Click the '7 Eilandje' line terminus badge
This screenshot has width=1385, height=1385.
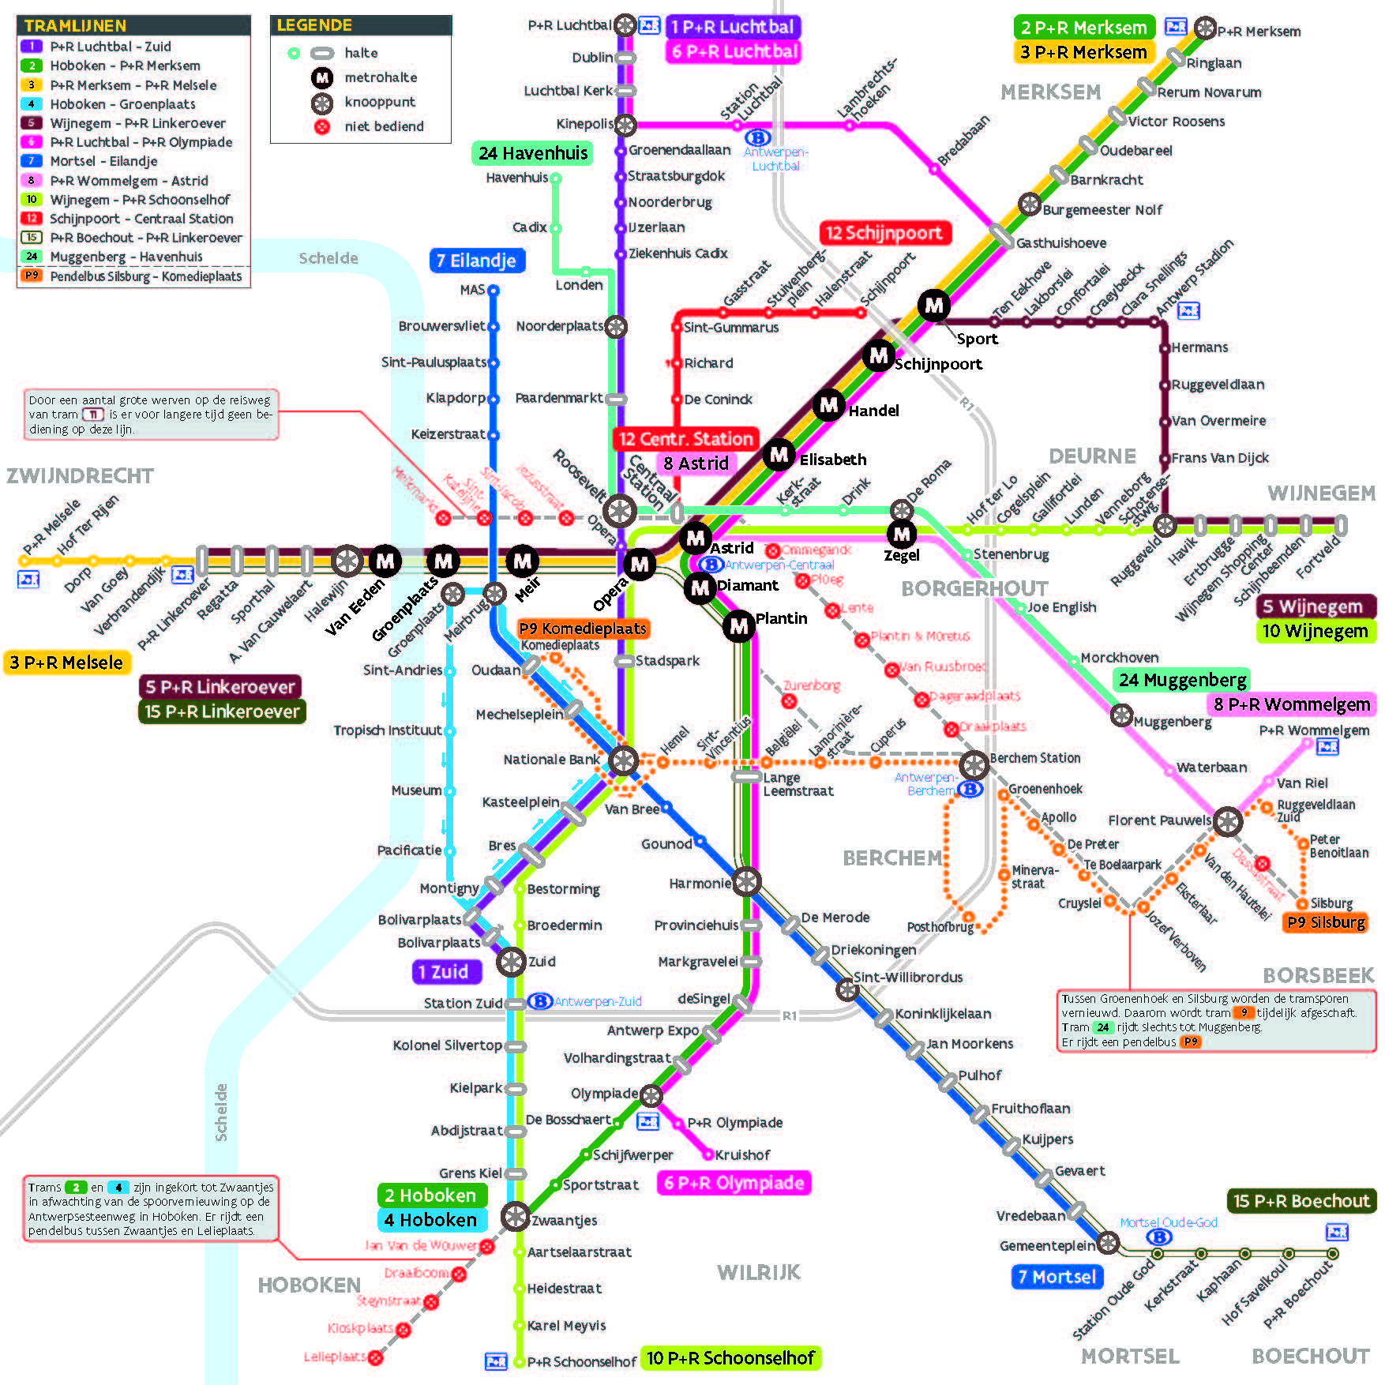476,261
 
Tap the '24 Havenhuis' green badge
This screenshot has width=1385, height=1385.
533,153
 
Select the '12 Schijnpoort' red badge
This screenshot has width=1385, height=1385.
884,233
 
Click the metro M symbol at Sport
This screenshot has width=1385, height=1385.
934,305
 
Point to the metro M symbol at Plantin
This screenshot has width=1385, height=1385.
738,626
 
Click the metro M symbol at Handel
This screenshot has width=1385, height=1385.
828,406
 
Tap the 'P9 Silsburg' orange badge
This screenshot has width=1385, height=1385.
1326,922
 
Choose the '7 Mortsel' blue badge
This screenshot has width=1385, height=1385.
1057,1277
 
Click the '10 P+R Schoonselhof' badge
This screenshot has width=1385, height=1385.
730,1357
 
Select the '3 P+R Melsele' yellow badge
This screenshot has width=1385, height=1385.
66,662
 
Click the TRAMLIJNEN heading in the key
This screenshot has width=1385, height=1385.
75,25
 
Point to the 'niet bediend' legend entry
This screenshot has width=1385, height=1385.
384,126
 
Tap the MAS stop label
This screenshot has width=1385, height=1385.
472,290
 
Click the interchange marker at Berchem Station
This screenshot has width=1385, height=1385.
974,764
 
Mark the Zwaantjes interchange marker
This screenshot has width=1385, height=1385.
515,1216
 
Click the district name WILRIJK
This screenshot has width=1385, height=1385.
758,1272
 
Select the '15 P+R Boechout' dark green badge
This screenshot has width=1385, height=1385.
1301,1201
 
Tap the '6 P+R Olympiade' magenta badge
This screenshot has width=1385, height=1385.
734,1183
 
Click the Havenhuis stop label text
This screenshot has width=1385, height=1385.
516,178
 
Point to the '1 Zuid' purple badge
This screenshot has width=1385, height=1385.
446,972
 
